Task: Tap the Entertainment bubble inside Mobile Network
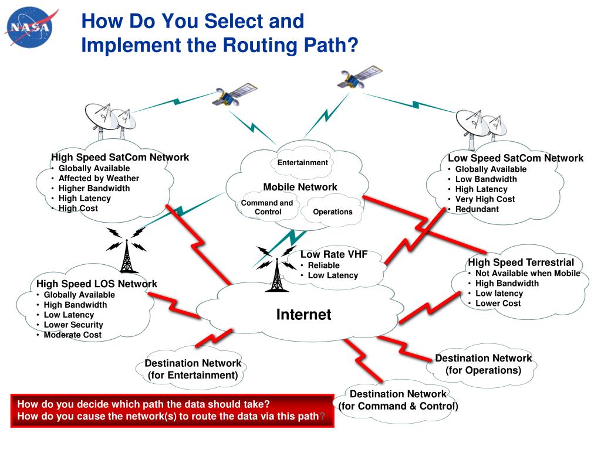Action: [302, 163]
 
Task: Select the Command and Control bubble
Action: [267, 207]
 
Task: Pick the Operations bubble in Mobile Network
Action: [333, 212]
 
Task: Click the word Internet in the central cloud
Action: [303, 315]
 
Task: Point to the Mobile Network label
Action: [300, 187]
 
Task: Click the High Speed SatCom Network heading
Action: [120, 157]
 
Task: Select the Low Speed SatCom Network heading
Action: [515, 158]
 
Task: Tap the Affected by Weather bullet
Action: [99, 178]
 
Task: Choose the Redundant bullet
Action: [477, 209]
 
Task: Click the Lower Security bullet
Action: [73, 325]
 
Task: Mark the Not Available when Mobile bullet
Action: [527, 273]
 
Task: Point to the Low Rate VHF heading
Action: [334, 254]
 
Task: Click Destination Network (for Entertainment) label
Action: [193, 369]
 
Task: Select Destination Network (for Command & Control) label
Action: [398, 400]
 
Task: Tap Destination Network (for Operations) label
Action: [483, 364]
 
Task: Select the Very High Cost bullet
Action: [485, 199]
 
